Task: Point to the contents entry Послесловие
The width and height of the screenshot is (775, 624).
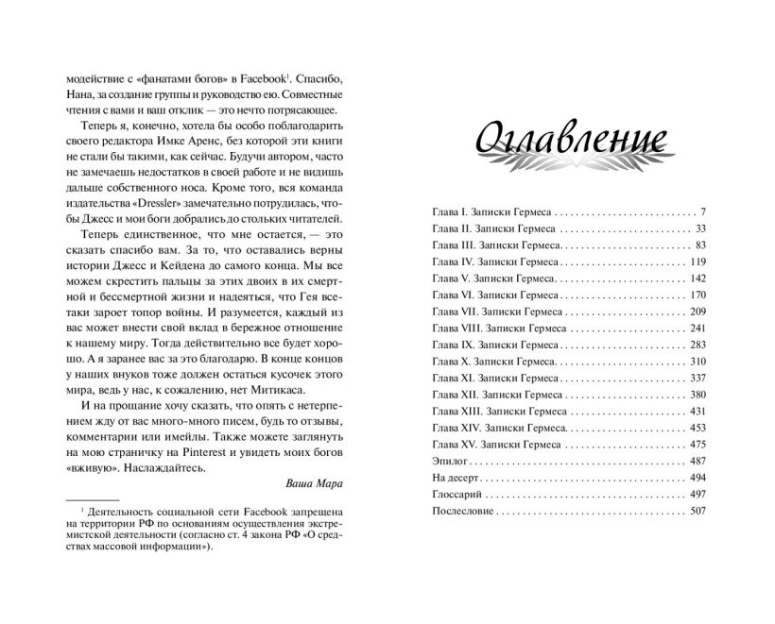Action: point(462,511)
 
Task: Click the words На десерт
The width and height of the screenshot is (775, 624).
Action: point(454,478)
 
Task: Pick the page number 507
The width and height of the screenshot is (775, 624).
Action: point(698,511)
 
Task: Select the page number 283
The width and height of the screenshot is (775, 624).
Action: point(698,345)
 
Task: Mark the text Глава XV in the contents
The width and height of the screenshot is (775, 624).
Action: point(454,444)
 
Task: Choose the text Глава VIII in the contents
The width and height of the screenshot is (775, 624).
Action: point(456,328)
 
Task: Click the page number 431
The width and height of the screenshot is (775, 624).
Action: point(698,411)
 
